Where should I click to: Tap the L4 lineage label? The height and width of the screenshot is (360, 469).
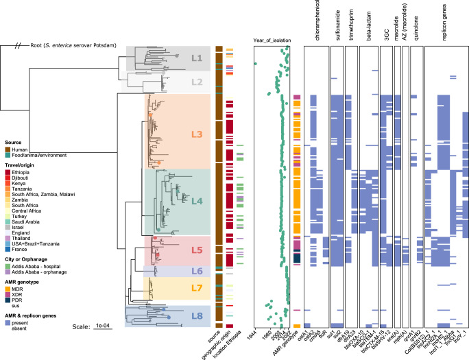(197, 202)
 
